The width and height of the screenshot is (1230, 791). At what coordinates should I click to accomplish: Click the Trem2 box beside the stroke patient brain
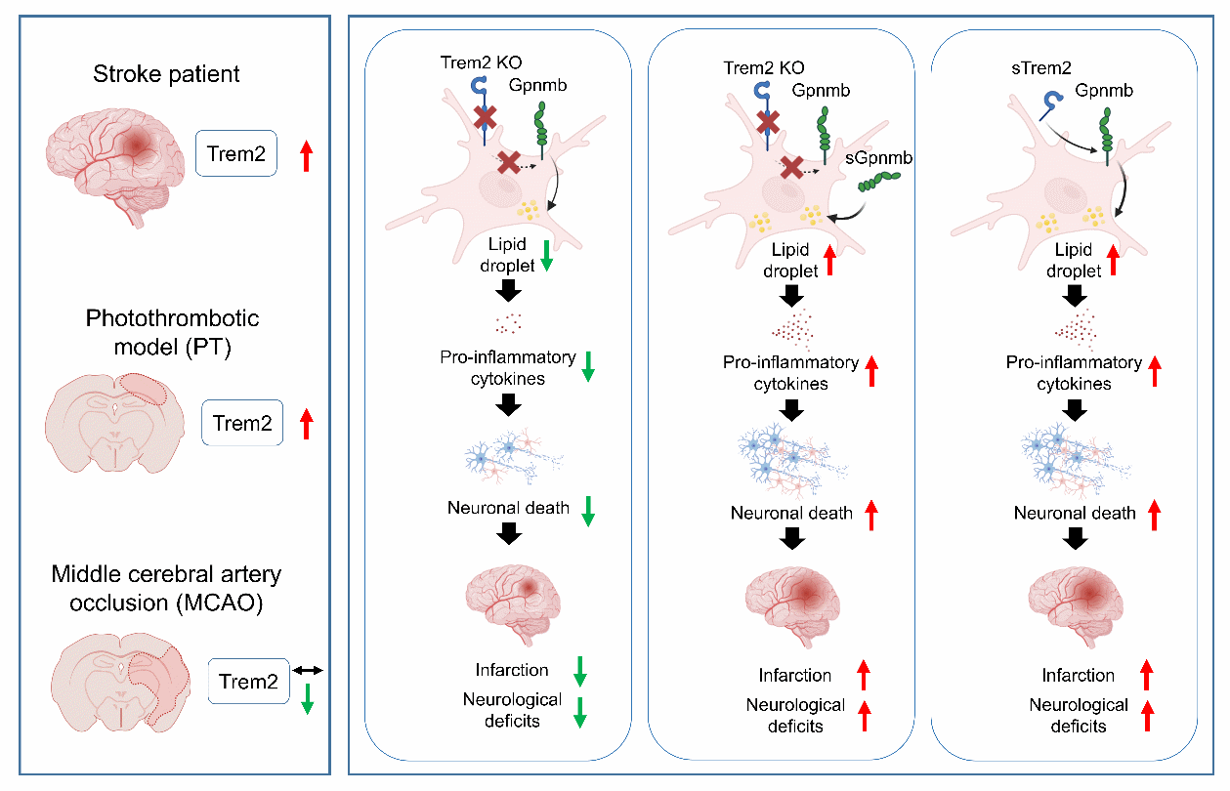(x=235, y=153)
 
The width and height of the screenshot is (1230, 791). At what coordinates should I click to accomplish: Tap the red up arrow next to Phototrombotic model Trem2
(x=307, y=424)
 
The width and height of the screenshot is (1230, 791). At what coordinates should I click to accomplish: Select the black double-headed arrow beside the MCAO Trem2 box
(x=308, y=670)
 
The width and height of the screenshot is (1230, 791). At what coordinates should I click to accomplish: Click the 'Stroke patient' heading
(x=166, y=74)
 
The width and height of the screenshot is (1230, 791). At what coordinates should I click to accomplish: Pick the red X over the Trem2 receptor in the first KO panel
(x=484, y=117)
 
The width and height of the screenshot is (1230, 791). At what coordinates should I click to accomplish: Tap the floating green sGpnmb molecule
(x=879, y=180)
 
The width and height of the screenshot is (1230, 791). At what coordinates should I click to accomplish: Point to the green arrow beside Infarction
(x=578, y=671)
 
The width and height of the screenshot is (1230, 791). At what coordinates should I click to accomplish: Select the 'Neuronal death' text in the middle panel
(x=790, y=513)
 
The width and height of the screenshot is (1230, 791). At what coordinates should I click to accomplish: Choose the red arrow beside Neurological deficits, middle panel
(x=864, y=715)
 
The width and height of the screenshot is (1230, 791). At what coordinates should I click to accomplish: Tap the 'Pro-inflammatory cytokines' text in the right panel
(x=1074, y=373)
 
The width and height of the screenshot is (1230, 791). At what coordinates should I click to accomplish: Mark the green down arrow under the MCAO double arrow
(x=307, y=698)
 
